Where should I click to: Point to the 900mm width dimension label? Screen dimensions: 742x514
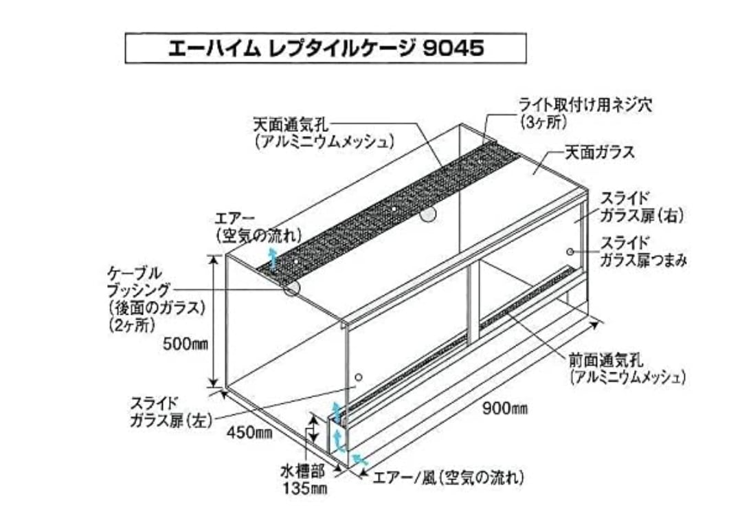tap(505, 410)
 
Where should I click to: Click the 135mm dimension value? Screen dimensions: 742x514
tap(302, 489)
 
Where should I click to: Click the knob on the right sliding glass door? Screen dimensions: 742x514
tap(570, 252)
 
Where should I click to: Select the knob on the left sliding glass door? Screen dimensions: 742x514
tap(358, 377)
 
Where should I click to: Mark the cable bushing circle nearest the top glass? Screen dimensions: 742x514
tap(427, 215)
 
